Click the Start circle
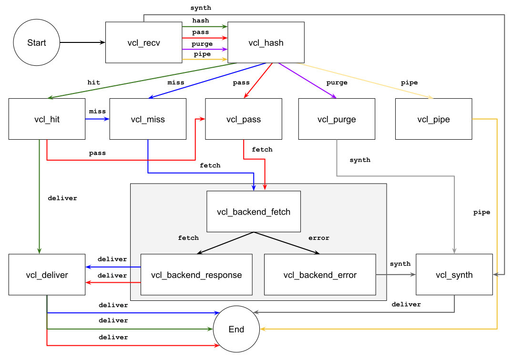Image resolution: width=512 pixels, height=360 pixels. [37, 43]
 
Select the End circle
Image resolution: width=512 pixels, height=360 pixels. [236, 329]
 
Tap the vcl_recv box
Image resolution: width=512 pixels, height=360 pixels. [143, 42]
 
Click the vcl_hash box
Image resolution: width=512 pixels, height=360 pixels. [266, 42]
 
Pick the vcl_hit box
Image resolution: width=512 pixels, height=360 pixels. [47, 119]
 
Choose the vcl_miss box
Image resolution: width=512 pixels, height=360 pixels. [148, 119]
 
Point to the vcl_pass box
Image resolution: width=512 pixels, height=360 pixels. [244, 119]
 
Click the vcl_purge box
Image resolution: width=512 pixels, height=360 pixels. [337, 119]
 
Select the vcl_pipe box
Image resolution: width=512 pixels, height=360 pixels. [433, 119]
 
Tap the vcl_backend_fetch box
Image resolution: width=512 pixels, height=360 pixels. [254, 212]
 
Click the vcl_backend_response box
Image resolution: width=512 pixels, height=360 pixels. [196, 275]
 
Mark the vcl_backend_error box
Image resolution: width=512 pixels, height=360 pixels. [320, 275]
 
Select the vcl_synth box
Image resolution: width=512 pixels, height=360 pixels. [454, 275]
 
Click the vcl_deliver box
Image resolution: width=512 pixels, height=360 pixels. [47, 275]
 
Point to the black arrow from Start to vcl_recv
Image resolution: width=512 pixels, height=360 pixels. [82, 43]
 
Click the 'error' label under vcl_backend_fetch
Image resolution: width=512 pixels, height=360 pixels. [319, 237]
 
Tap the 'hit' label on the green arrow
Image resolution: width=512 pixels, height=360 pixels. [94, 82]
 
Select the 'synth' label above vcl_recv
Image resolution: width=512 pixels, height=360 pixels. [200, 8]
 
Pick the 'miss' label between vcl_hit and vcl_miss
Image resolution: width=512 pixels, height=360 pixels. [97, 111]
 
